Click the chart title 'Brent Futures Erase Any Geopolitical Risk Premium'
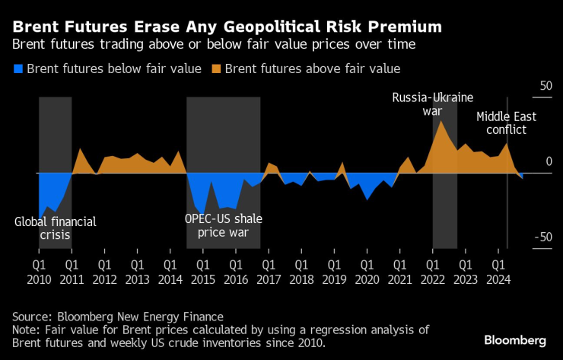pyautogui.click(x=227, y=27)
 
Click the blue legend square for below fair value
pyautogui.click(x=17, y=69)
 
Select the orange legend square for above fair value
pyautogui.click(x=215, y=69)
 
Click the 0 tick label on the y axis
pyautogui.click(x=545, y=162)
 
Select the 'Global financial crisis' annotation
pyautogui.click(x=56, y=228)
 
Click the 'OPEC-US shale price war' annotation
pyautogui.click(x=223, y=225)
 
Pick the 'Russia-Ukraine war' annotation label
pyautogui.click(x=432, y=104)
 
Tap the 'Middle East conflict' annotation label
pyautogui.click(x=506, y=123)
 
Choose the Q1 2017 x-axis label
pyautogui.click(x=268, y=272)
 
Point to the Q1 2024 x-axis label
pyautogui.click(x=498, y=272)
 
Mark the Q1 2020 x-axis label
pyautogui.click(x=367, y=272)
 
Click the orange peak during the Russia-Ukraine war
pyautogui.click(x=440, y=122)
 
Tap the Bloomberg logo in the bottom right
pyautogui.click(x=514, y=339)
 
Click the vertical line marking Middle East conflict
pyautogui.click(x=507, y=198)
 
